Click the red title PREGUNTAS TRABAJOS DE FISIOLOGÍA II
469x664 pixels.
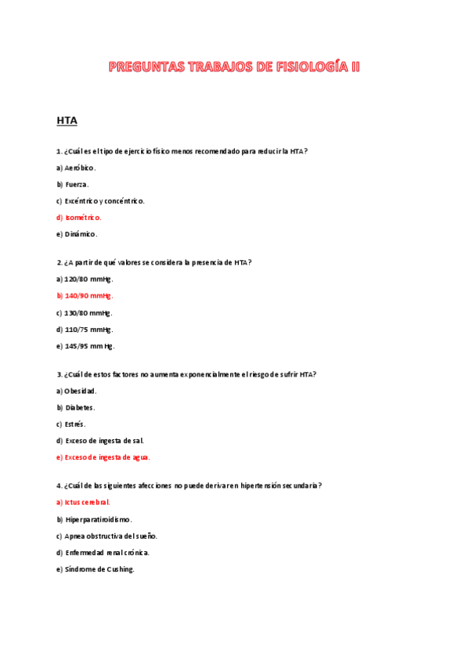click(x=234, y=67)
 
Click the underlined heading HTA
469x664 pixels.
click(x=67, y=121)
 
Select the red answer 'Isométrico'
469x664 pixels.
click(x=79, y=218)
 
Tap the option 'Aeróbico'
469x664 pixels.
click(x=76, y=168)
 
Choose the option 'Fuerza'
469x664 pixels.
click(x=73, y=184)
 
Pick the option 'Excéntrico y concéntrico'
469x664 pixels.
click(x=100, y=200)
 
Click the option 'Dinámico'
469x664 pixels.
click(x=77, y=234)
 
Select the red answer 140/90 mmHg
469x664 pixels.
click(x=85, y=296)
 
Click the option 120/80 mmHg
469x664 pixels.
click(x=85, y=279)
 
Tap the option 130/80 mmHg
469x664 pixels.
click(x=85, y=312)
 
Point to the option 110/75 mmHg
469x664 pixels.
click(x=85, y=330)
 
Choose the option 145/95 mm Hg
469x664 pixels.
click(x=85, y=346)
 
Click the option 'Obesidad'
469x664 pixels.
click(x=77, y=391)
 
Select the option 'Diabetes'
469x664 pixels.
click(x=76, y=408)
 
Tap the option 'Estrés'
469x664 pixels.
click(x=71, y=424)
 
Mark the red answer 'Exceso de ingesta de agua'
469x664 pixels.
click(x=103, y=457)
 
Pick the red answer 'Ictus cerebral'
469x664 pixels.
click(x=83, y=502)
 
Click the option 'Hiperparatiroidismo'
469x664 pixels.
click(x=94, y=519)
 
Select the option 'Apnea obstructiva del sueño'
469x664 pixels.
click(x=107, y=536)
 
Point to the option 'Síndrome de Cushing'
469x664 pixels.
click(x=96, y=569)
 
